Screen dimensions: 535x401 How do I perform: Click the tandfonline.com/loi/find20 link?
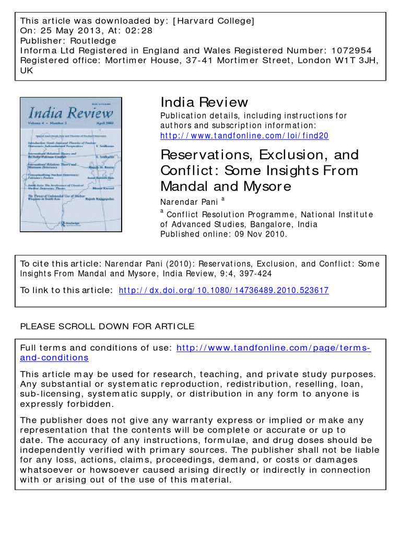coord(244,136)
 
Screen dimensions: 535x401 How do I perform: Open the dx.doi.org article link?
coord(224,290)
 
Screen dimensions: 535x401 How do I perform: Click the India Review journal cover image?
coord(70,164)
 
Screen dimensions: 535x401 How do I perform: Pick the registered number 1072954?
coord(353,51)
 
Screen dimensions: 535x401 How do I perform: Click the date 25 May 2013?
coord(64,31)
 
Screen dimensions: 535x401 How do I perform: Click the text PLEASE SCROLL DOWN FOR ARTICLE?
coord(107,327)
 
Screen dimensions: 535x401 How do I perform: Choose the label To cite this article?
coord(58,263)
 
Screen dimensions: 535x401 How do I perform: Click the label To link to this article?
coord(65,290)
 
